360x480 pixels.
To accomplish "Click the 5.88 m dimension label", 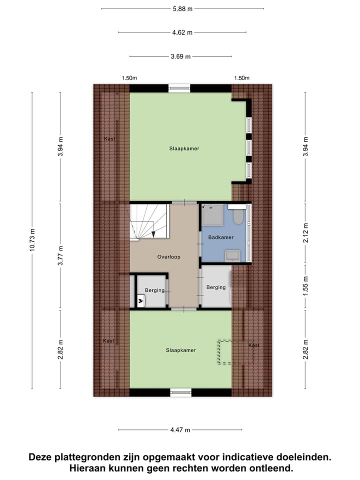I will pyautogui.click(x=182, y=8).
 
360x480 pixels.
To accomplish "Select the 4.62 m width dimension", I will pyautogui.click(x=182, y=32).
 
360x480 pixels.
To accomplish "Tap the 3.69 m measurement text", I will pyautogui.click(x=181, y=57).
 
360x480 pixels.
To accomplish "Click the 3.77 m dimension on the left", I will pyautogui.click(x=60, y=256).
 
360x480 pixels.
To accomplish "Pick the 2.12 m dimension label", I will pyautogui.click(x=305, y=232).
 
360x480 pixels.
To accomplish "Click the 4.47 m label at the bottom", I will pyautogui.click(x=180, y=429).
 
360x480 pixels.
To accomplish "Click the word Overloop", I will pyautogui.click(x=168, y=257).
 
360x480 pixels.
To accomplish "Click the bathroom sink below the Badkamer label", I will pyautogui.click(x=233, y=255).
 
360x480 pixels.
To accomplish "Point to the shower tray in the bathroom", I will pyautogui.click(x=212, y=215).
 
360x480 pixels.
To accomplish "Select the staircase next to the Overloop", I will pyautogui.click(x=148, y=221).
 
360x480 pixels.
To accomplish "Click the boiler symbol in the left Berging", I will pyautogui.click(x=140, y=300).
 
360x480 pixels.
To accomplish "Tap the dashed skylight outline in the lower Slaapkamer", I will pyautogui.click(x=225, y=352).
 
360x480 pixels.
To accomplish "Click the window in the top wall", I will pyautogui.click(x=179, y=88).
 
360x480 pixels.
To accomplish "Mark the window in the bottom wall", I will pyautogui.click(x=180, y=392).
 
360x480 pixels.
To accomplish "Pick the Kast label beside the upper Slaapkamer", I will pyautogui.click(x=109, y=138).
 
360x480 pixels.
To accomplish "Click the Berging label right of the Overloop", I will pyautogui.click(x=215, y=287).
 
